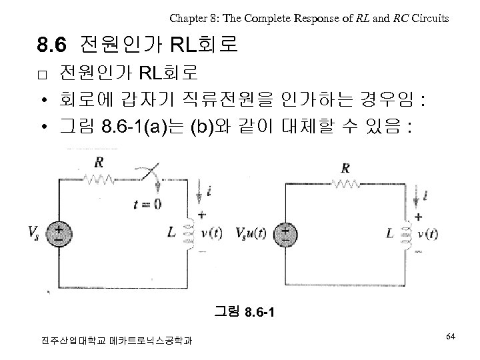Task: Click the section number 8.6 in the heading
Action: click(52, 45)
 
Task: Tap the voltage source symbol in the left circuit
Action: click(60, 234)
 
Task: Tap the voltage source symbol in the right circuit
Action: click(285, 234)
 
